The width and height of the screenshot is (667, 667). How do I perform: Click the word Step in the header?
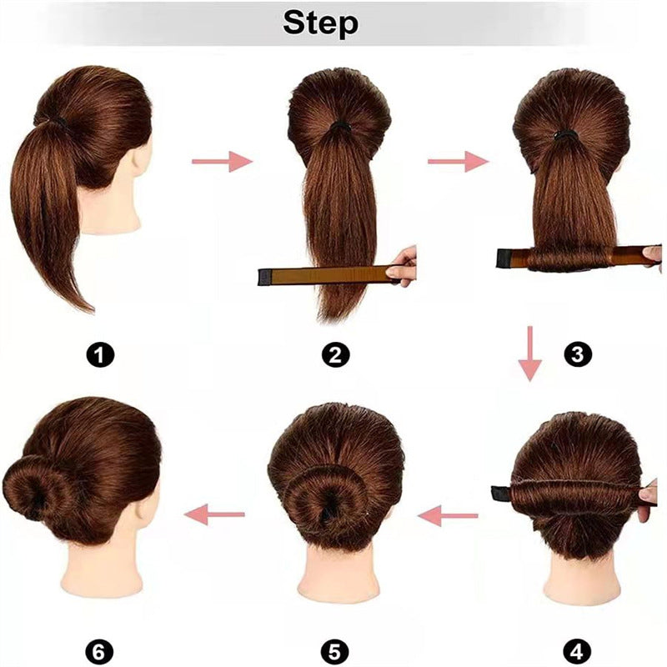click(321, 23)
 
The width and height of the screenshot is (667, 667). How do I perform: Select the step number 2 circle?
click(335, 356)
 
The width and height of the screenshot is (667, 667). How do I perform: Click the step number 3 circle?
click(576, 356)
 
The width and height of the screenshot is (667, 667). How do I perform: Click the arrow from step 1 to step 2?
click(222, 161)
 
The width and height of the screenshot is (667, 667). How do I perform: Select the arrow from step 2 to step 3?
click(458, 161)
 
